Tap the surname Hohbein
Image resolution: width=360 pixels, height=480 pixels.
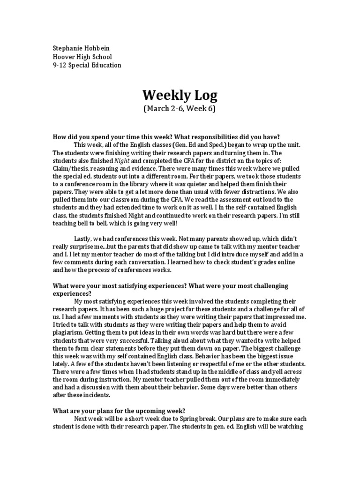coord(100,49)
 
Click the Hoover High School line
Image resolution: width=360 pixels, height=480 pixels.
coord(82,57)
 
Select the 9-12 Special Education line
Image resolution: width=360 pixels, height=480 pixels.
coord(87,65)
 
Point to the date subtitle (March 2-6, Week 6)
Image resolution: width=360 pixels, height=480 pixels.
coord(180,109)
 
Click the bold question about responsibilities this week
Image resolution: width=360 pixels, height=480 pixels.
coord(166,136)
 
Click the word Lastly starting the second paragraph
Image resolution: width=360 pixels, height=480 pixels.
coord(85,239)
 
